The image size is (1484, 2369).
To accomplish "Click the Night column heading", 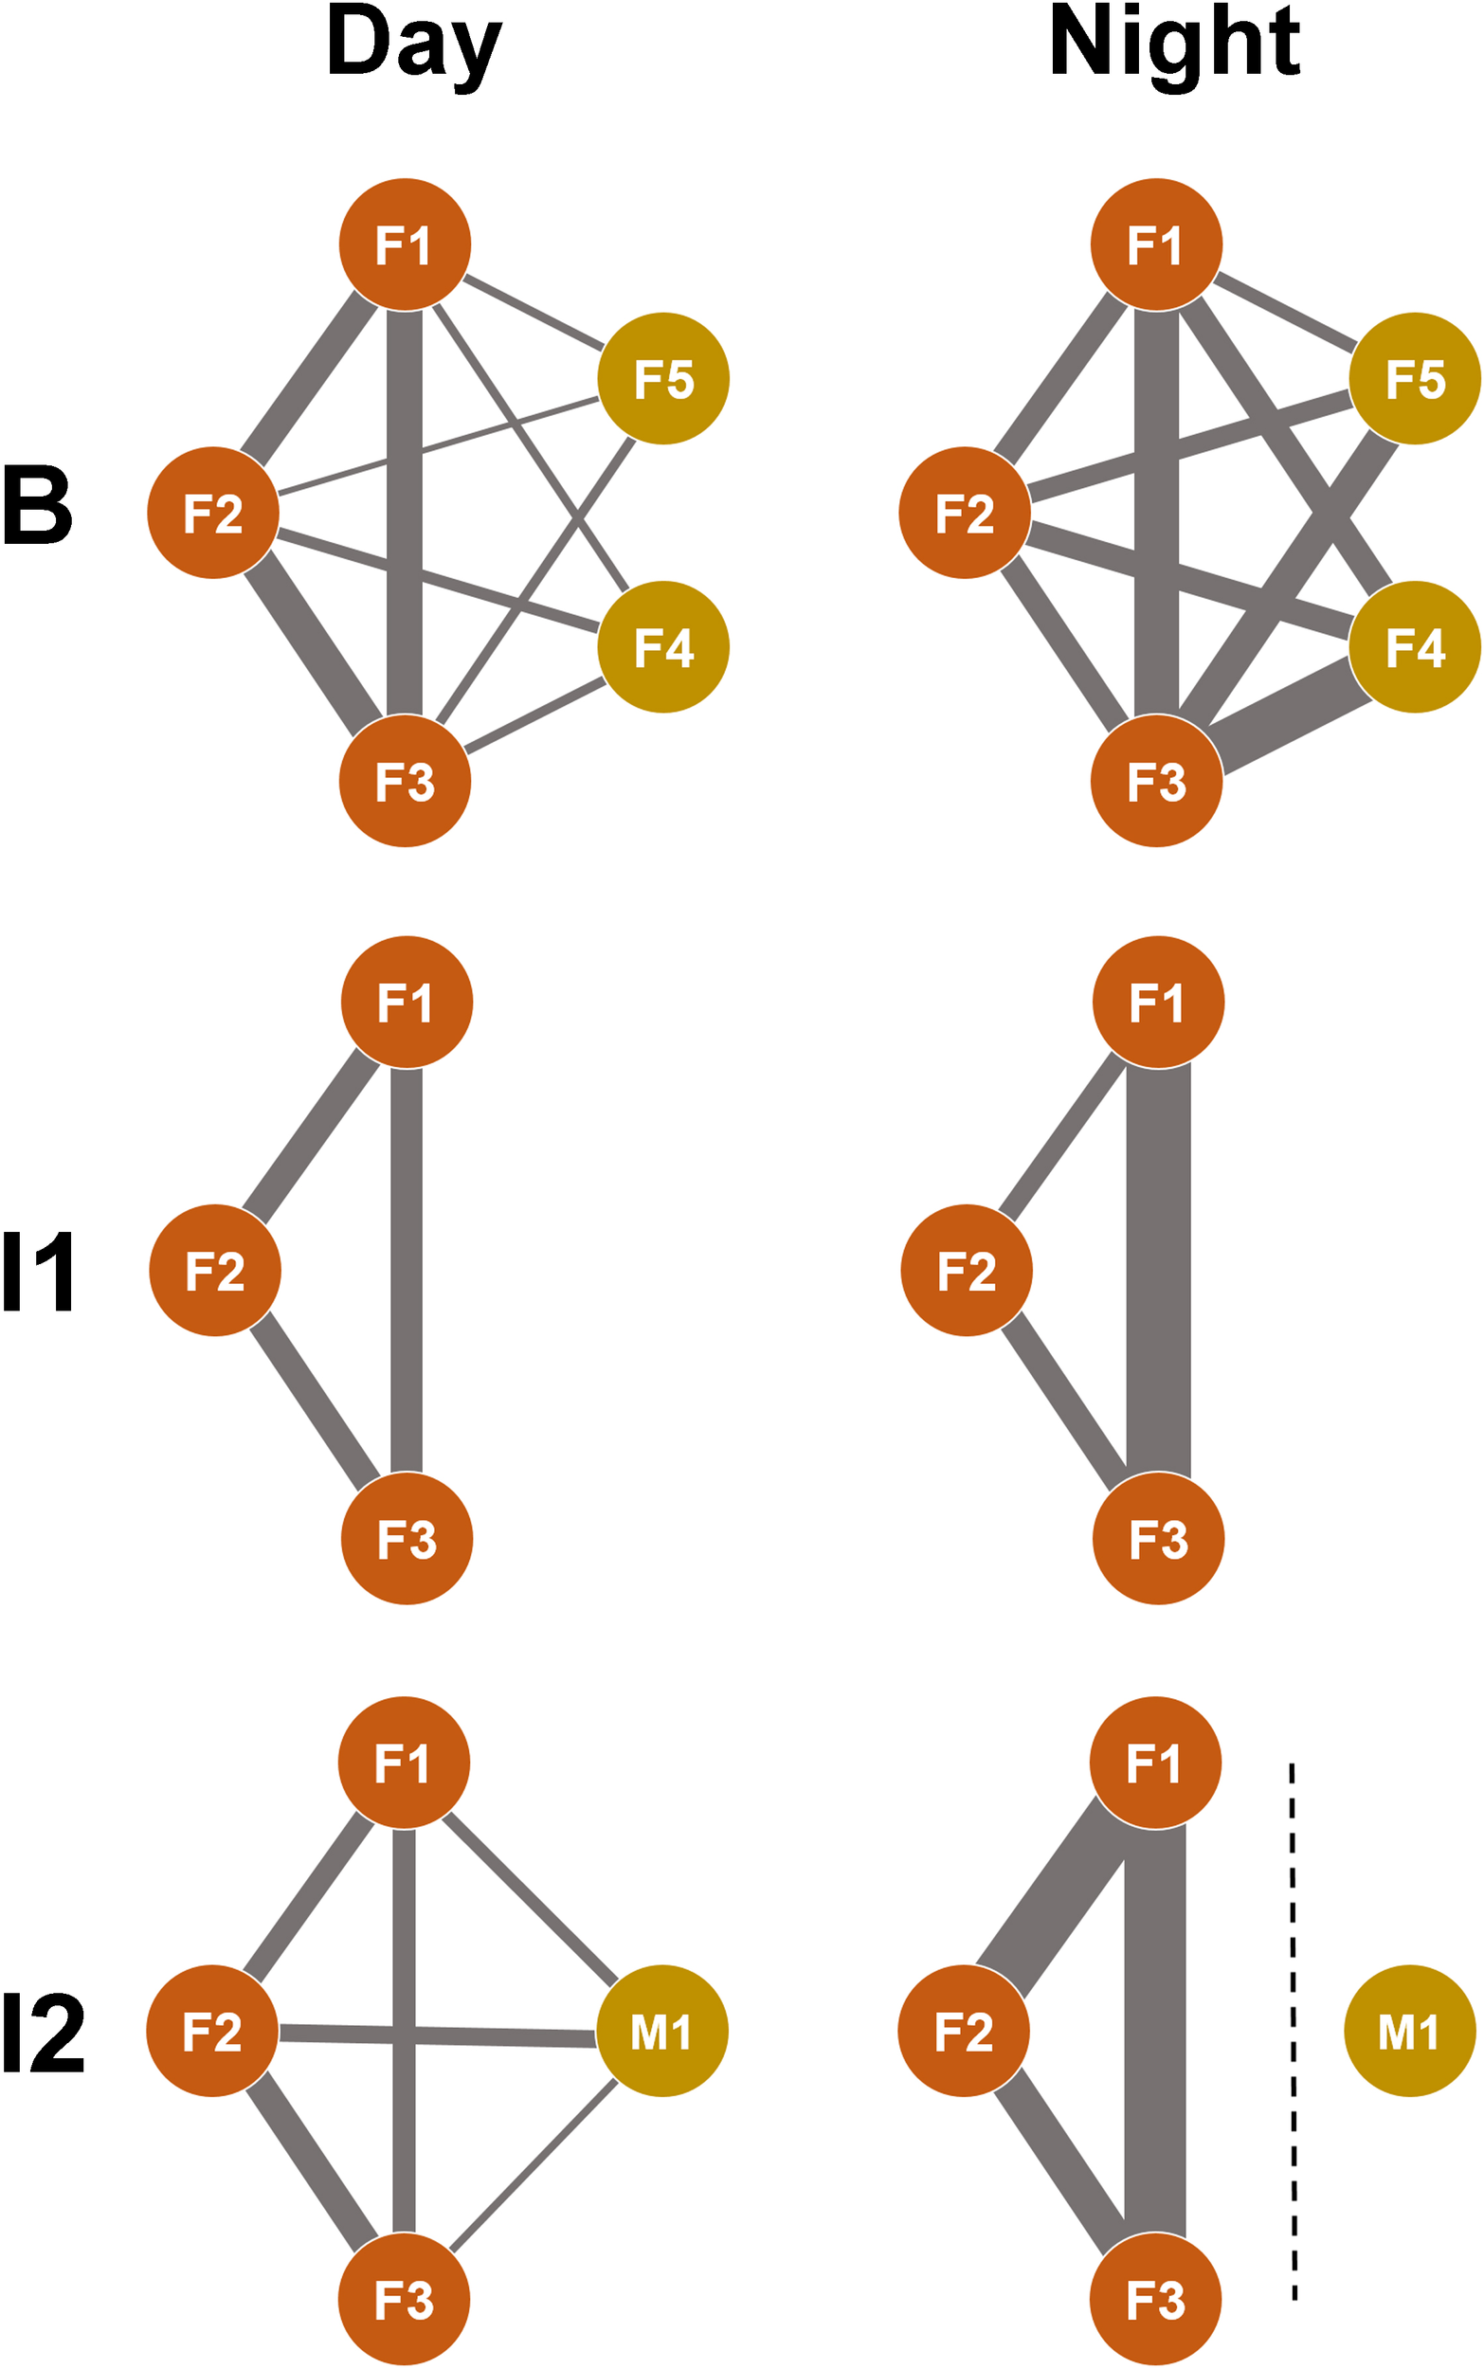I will (1174, 45).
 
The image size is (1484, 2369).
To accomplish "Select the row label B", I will (37, 506).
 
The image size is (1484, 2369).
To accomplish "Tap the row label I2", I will (44, 2033).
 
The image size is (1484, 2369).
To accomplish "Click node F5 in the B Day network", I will (663, 379).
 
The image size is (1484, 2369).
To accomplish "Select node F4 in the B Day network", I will (663, 646).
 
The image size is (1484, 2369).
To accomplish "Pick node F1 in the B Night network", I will (1156, 244).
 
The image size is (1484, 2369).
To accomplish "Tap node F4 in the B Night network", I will (1414, 646).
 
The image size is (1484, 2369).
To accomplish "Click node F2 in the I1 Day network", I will (215, 1271).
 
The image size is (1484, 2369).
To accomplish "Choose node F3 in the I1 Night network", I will (1158, 1539).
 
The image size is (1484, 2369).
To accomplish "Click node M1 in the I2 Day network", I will (662, 2032).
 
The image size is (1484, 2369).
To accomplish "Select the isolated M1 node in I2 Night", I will (1409, 2032).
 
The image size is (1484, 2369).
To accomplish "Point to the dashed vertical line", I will (1294, 2032).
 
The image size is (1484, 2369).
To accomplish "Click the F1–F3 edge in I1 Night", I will (1158, 1271).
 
